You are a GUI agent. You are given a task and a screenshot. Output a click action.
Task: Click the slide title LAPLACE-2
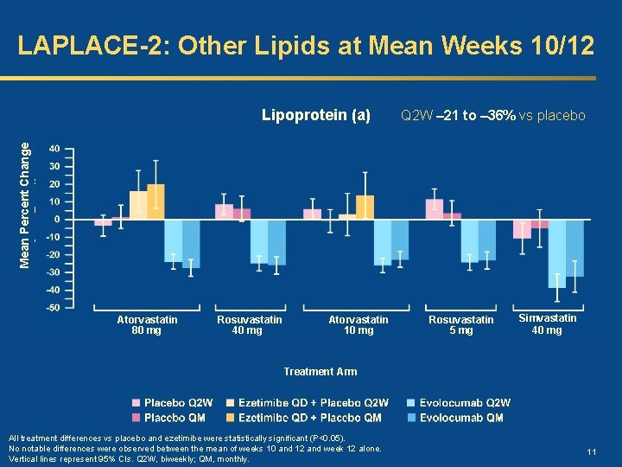coord(305,45)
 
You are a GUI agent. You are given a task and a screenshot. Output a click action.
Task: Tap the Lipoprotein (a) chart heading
coord(315,115)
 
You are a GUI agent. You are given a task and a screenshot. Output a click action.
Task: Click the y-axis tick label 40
coord(54,149)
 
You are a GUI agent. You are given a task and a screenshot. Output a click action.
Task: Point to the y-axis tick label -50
coord(53,307)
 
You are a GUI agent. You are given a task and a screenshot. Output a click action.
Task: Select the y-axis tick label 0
coord(57,219)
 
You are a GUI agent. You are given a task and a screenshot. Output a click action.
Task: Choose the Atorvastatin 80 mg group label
coord(147,325)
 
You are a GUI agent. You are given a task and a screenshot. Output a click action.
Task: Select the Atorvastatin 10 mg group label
coord(359,325)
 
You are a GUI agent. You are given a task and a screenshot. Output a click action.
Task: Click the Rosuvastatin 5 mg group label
coord(462,325)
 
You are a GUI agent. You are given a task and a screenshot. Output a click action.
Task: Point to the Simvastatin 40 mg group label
coord(547,324)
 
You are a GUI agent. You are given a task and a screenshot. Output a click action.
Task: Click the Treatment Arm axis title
coord(321,372)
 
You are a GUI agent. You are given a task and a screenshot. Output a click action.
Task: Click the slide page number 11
coord(592,452)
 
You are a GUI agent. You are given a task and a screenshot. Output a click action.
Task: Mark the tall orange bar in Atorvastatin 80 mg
coord(155,202)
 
